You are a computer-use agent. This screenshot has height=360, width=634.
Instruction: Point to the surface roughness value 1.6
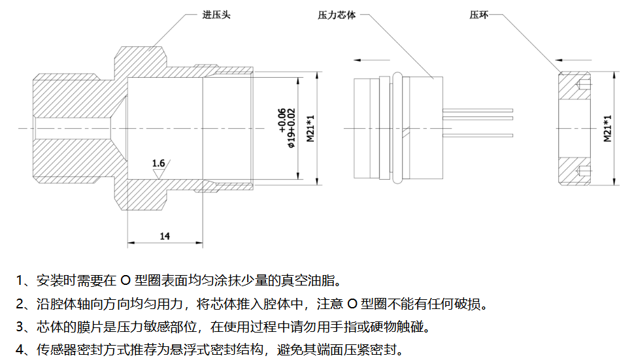click(158, 162)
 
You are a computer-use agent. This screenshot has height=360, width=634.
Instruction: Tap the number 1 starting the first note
click(20, 282)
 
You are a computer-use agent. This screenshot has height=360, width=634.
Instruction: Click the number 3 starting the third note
click(20, 327)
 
